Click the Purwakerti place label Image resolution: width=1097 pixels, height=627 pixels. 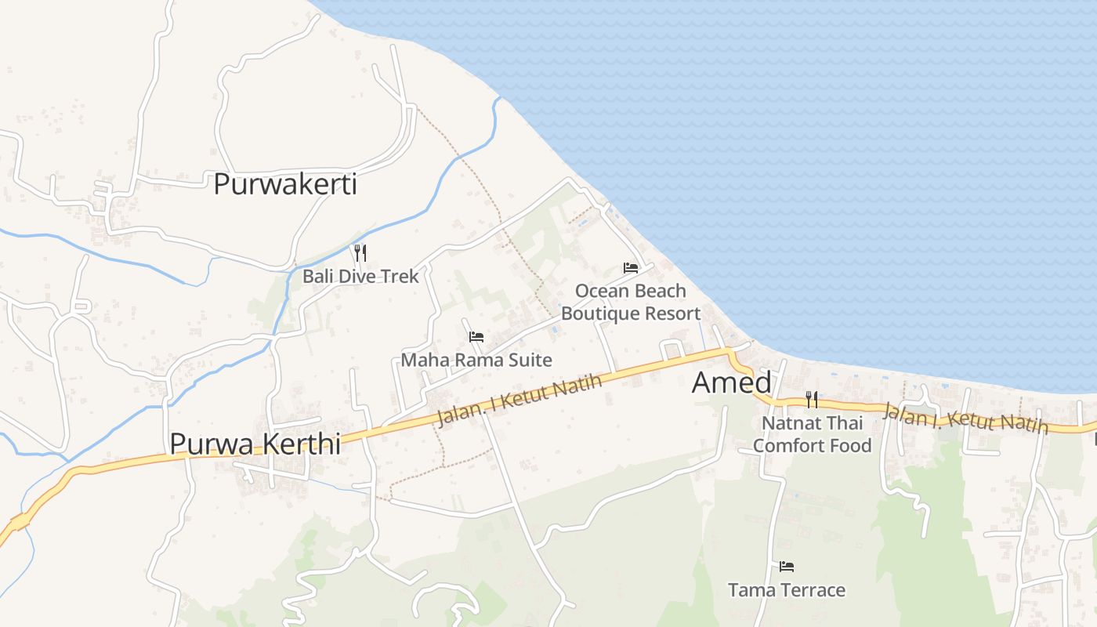285,184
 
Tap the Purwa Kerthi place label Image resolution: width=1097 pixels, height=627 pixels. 255,444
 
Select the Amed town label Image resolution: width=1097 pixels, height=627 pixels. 732,382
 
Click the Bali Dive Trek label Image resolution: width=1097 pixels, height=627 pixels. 360,276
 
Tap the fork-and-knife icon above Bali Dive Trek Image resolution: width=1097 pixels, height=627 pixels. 360,252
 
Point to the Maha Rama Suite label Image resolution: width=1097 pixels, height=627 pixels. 476,360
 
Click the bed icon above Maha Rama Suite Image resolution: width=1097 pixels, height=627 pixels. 476,337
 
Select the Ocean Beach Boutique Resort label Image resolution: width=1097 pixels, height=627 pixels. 631,302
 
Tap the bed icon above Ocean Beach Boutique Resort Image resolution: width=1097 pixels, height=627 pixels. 631,268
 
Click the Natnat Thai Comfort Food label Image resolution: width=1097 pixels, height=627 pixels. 812,434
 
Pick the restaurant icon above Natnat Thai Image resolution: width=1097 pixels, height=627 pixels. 812,400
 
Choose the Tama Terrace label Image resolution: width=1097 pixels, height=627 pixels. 787,589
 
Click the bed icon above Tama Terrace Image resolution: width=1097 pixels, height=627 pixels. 787,566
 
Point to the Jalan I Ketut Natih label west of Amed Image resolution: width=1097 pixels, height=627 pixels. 520,400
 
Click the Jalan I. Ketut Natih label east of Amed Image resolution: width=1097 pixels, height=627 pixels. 965,418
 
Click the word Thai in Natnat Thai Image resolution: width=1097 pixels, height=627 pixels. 845,423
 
